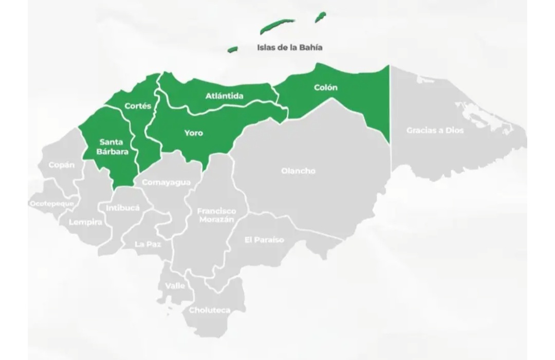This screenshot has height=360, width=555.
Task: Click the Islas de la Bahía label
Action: point(290,47)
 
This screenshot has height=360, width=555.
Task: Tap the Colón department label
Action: point(326,87)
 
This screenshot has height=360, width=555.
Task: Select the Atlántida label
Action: point(225,96)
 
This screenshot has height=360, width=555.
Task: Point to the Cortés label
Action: point(138,106)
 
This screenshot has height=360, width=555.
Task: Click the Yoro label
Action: point(194,133)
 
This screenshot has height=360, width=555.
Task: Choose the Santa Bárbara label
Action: point(112,147)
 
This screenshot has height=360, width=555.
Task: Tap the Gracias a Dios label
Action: point(435,130)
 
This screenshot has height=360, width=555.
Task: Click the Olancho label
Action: point(298,171)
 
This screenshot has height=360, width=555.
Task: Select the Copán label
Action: point(62,165)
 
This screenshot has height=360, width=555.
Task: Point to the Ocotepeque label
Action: point(51,204)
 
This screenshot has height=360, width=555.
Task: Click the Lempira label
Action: point(85,222)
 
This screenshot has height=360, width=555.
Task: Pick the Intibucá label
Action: point(122,208)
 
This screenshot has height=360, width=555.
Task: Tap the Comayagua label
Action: point(166,182)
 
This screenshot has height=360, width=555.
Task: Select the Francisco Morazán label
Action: point(216,215)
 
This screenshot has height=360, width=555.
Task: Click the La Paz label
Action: point(148,244)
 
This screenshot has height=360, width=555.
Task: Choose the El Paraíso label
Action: point(264,240)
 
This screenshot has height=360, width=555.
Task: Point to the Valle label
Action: point(175,286)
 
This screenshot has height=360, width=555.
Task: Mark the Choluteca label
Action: point(210,310)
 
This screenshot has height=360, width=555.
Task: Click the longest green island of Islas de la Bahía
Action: point(277,25)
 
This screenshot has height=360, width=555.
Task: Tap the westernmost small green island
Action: point(233,49)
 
